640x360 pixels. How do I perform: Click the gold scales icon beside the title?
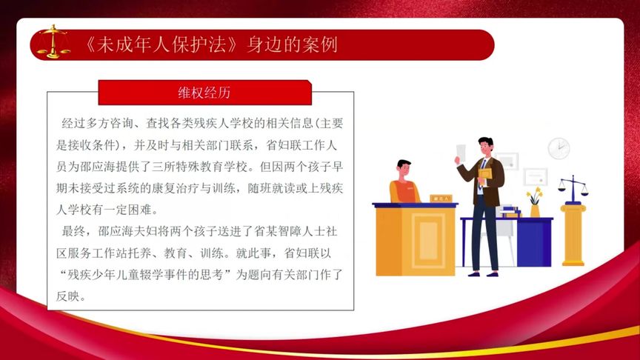click(53, 41)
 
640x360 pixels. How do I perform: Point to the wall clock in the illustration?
click(559, 148)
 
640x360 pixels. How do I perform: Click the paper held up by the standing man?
click(461, 152)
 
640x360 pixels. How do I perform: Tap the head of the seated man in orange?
click(404, 169)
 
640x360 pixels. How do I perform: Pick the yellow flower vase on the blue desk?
click(535, 210)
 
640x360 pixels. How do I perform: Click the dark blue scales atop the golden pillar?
click(573, 187)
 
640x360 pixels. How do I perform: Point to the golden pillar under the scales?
click(573, 233)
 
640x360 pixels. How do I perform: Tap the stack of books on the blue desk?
click(510, 212)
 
